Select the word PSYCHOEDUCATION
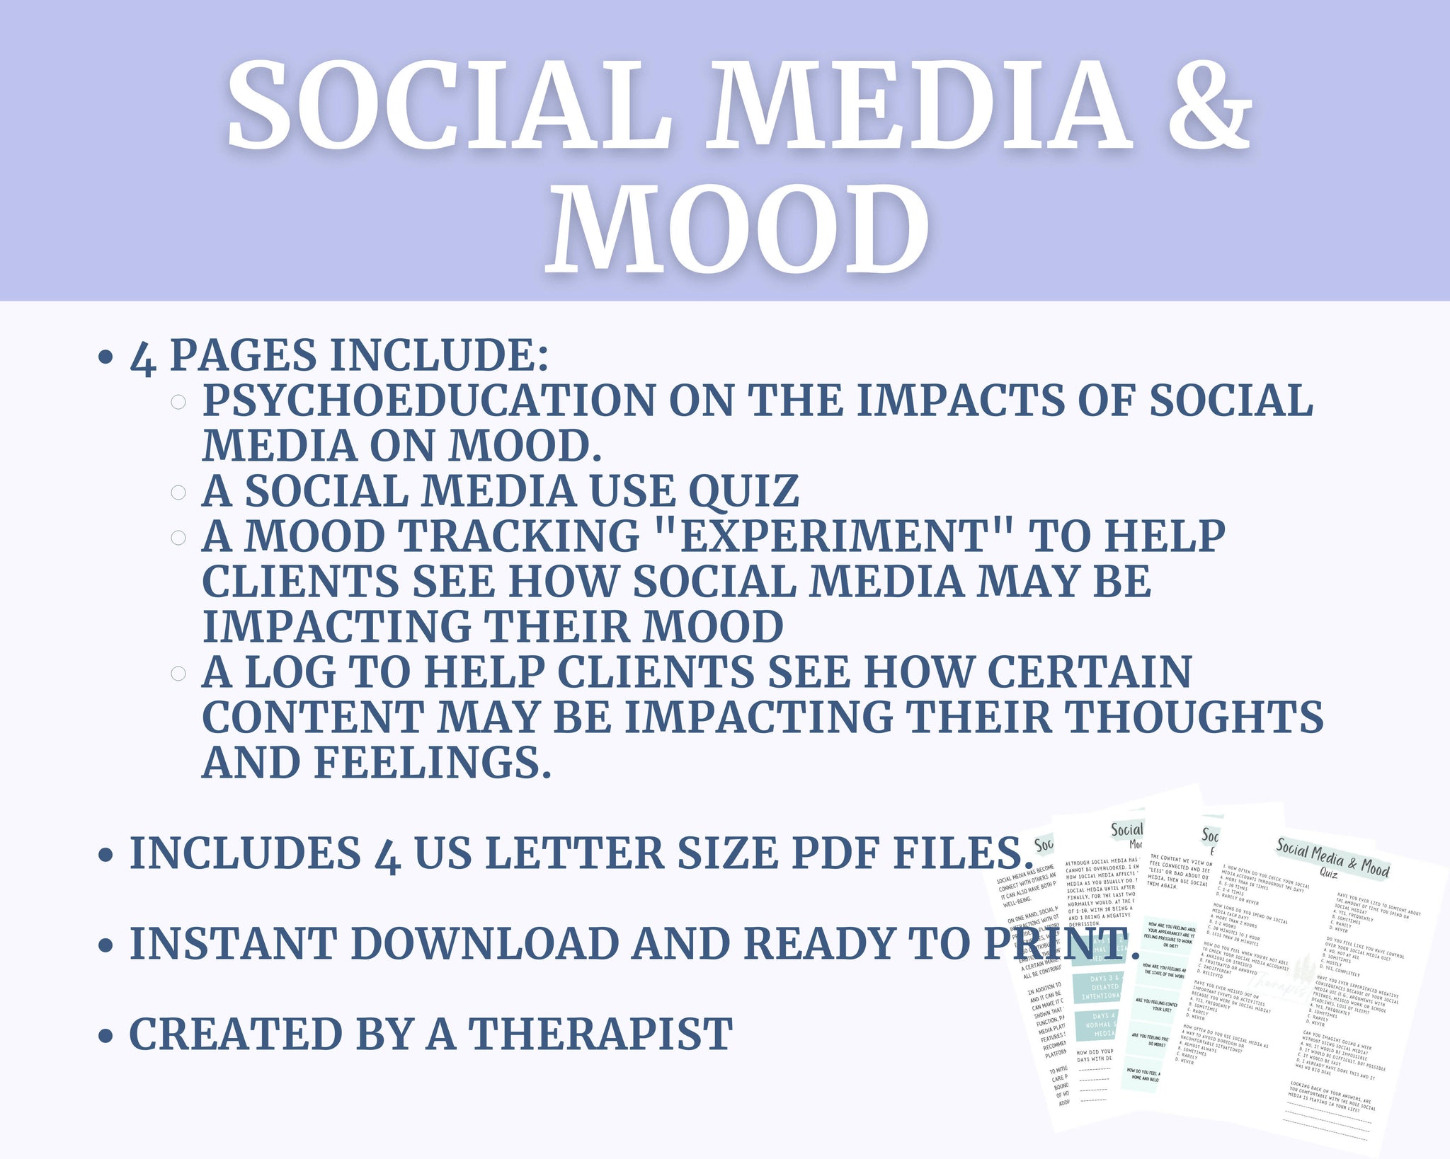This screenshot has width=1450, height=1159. tap(428, 400)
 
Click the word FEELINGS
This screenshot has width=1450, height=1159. tap(432, 763)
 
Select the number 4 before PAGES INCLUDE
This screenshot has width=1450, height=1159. tap(143, 357)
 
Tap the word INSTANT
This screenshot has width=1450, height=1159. tap(234, 944)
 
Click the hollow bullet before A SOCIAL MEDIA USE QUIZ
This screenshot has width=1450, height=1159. tap(178, 492)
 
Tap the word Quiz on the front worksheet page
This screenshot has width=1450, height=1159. tap(1328, 875)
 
